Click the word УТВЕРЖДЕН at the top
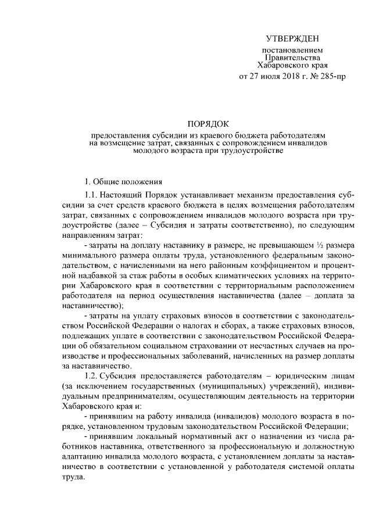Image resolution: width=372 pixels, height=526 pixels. coord(292,38)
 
